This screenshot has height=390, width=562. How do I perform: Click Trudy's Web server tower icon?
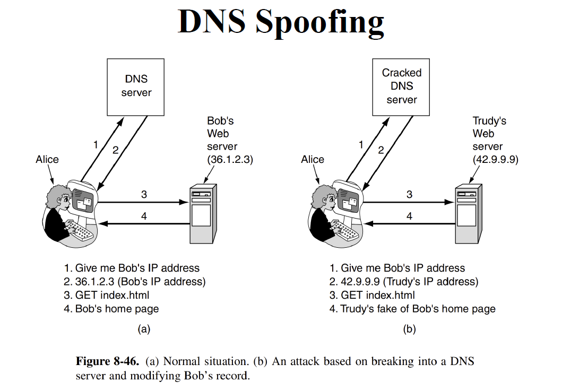[468, 212]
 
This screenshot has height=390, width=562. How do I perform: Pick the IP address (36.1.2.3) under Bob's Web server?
[230, 159]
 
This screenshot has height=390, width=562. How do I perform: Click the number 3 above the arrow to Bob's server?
[144, 194]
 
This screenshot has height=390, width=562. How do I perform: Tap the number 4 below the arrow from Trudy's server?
[409, 216]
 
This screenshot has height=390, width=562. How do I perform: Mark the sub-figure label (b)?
[409, 329]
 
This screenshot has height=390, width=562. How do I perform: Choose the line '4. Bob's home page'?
[111, 308]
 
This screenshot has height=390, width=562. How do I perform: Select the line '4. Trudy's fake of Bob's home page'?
[412, 308]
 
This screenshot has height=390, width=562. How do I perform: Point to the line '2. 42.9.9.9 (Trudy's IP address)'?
[404, 281]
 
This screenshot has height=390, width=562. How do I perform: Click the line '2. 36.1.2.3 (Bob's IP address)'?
[134, 281]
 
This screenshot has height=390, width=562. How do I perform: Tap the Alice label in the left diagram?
[47, 159]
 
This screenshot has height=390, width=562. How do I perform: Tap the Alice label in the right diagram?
[313, 159]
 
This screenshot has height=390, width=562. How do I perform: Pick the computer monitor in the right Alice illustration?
[348, 200]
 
